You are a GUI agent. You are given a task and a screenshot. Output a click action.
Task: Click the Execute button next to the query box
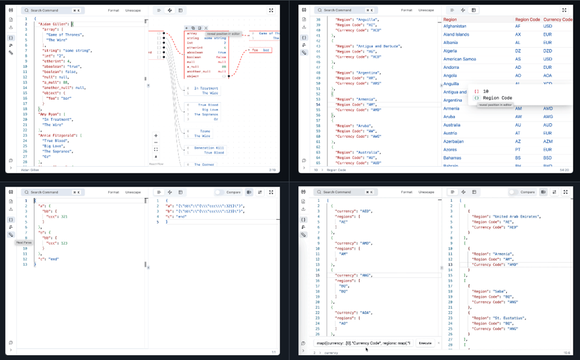(425, 342)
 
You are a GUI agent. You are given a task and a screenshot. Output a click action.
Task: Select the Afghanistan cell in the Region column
(455, 27)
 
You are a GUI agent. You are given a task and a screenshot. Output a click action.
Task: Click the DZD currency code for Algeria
(548, 51)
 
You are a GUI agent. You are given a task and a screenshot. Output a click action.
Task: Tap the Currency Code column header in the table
(558, 19)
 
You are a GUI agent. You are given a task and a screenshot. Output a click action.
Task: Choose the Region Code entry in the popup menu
(497, 98)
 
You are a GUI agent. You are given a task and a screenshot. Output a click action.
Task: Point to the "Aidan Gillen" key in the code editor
(54, 24)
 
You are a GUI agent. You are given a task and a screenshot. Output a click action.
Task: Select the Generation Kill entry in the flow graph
(209, 148)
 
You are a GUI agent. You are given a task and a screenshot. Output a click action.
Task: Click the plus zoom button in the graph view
(156, 135)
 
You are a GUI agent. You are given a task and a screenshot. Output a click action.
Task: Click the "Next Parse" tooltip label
(24, 242)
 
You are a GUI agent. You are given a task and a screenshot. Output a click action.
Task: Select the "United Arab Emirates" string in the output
(514, 216)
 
